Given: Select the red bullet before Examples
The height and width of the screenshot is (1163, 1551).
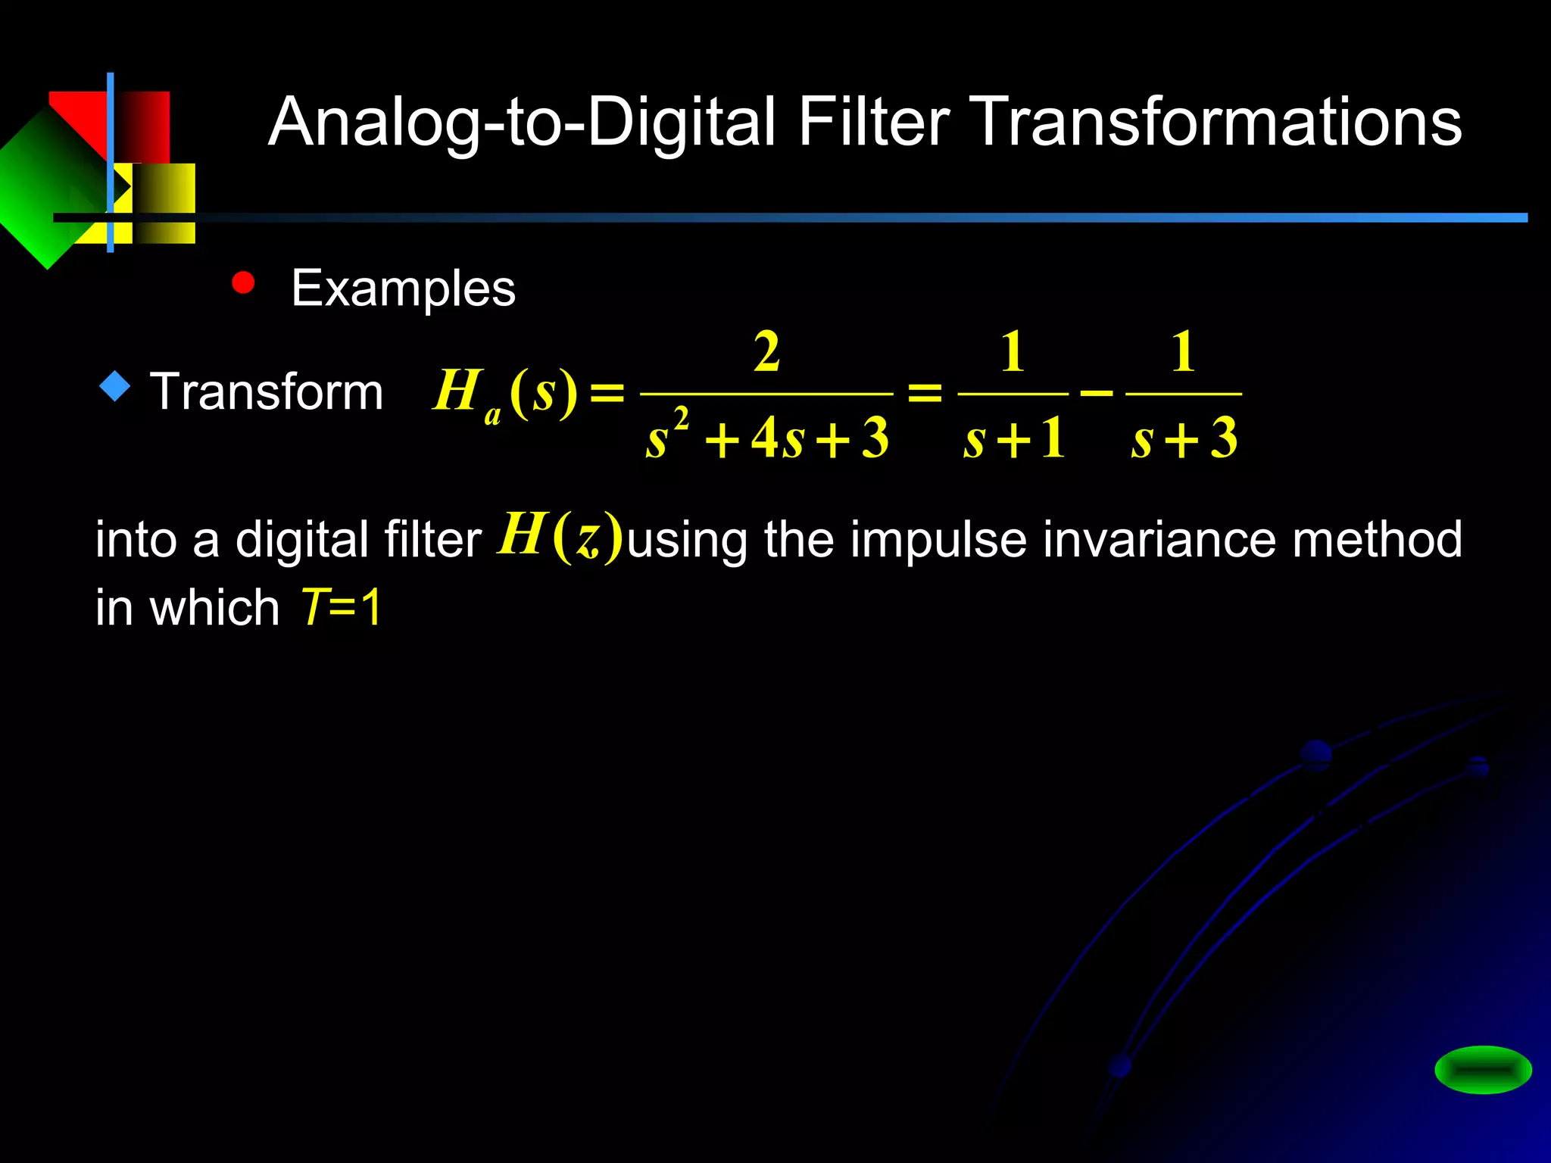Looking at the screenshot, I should [243, 282].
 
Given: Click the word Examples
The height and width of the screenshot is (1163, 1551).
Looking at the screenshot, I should [403, 288].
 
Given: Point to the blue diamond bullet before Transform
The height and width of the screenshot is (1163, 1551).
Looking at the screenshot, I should [115, 386].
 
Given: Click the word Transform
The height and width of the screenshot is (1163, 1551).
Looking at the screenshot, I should [267, 392].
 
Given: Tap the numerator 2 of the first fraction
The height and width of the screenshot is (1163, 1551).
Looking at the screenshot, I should [766, 352].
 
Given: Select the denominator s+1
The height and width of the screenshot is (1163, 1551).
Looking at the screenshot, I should [1014, 439].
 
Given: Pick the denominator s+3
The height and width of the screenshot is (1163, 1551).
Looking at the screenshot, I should [1184, 439].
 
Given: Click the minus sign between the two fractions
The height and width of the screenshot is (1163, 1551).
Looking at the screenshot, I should [1097, 393].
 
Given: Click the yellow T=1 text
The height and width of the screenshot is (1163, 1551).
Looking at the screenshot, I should [342, 607].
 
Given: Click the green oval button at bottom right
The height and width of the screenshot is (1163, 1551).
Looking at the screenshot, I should [1483, 1070].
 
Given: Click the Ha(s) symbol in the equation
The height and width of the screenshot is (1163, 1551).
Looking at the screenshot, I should [504, 394].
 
